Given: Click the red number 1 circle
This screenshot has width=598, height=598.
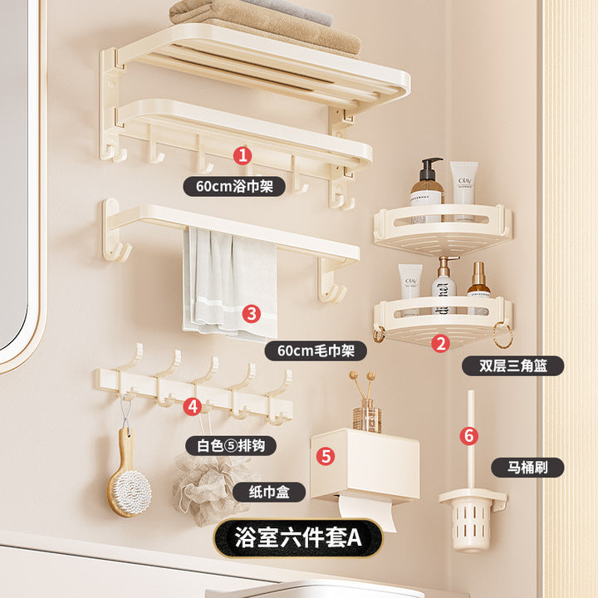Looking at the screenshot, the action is [x=243, y=155].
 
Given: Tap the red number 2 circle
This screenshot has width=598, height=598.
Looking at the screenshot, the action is [x=440, y=343].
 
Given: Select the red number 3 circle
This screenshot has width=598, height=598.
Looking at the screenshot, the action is [x=252, y=314].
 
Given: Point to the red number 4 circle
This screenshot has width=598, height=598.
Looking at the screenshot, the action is [x=192, y=406].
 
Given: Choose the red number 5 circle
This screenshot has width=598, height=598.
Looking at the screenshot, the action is [x=326, y=456].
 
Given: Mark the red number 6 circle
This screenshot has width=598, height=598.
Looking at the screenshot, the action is [x=469, y=435].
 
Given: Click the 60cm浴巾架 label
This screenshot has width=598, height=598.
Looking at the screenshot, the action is [x=234, y=187].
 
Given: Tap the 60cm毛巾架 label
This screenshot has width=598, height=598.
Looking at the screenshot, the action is [x=316, y=350].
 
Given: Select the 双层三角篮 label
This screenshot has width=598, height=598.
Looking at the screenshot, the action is [x=513, y=366].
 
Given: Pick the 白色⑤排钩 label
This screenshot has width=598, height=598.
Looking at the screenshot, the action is [x=231, y=445].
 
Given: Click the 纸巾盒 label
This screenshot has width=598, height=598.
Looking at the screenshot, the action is [x=269, y=492].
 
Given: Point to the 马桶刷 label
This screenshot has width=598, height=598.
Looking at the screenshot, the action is [x=527, y=467].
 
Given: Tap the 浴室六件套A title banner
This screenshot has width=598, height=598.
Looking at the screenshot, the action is [x=298, y=537].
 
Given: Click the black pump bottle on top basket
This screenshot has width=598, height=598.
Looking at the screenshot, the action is [x=427, y=191].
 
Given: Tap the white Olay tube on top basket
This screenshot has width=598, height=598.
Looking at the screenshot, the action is [x=463, y=191].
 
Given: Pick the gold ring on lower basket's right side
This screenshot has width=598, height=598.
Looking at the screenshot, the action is [x=503, y=335].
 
